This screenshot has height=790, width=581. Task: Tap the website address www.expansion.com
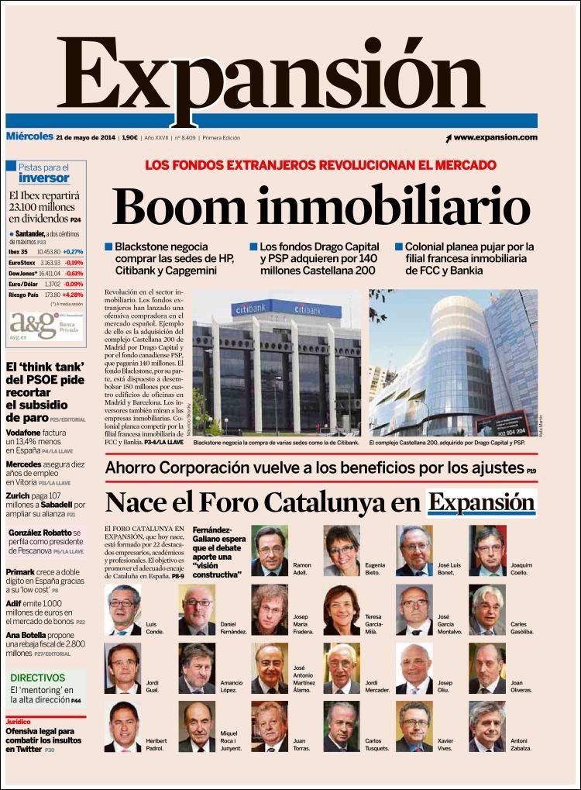tap(495, 137)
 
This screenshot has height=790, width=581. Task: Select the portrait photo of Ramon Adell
tap(269, 550)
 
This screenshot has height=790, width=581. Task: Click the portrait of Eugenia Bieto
tap(342, 550)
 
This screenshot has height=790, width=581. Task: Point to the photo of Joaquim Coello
tap(487, 550)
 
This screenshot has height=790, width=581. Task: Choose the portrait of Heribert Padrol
tap(122, 727)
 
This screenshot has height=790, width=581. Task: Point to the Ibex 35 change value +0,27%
tap(74, 252)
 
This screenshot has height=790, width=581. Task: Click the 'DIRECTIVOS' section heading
tap(37, 677)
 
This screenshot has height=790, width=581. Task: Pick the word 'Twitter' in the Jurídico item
tap(29, 750)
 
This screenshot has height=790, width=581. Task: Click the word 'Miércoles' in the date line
tap(29, 137)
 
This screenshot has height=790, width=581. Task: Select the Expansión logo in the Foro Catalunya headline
tap(482, 502)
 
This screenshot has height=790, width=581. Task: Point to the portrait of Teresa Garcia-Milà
tap(342, 609)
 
